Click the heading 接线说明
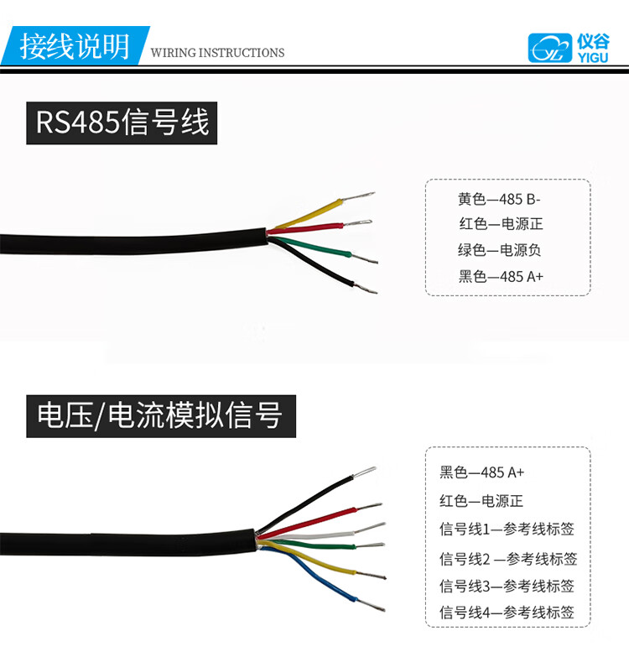[75, 45]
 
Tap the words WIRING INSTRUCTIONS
[217, 53]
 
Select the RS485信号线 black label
[122, 123]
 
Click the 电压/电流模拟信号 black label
[160, 415]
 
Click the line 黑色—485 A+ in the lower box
[481, 472]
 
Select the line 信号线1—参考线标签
[507, 529]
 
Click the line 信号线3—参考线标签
[507, 586]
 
